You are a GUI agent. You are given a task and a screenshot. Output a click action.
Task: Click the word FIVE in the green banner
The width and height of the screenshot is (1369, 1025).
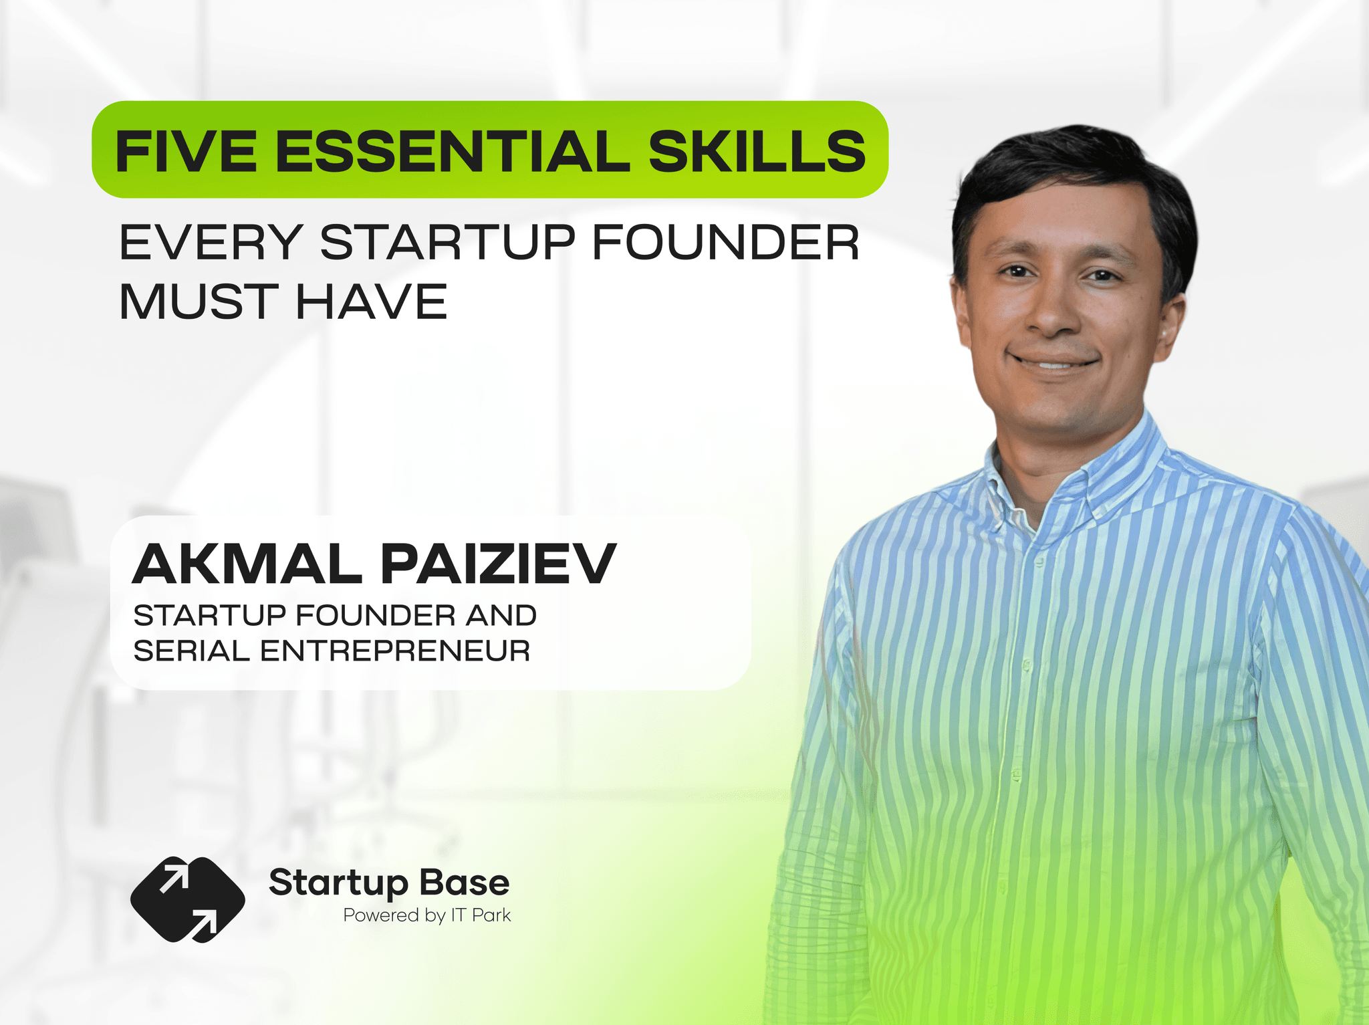point(186,151)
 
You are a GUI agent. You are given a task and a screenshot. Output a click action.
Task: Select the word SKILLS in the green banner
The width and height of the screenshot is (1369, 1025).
point(757,151)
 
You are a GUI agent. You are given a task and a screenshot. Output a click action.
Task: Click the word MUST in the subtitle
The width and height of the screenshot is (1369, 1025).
point(199,302)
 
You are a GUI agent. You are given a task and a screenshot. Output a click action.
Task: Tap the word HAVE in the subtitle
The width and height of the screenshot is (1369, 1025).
point(371,302)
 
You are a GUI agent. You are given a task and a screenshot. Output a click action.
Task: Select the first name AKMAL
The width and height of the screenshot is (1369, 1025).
point(247,564)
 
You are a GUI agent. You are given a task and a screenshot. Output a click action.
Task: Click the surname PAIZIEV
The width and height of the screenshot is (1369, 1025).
point(499,564)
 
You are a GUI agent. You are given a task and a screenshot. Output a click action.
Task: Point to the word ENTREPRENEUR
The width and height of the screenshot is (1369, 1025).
point(395,651)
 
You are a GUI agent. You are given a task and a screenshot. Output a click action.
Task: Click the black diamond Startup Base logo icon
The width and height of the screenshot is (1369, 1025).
point(188,899)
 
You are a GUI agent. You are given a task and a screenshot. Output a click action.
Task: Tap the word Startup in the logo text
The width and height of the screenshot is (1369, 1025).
point(338,884)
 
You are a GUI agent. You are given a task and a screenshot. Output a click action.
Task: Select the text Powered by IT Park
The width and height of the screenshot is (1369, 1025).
point(427,915)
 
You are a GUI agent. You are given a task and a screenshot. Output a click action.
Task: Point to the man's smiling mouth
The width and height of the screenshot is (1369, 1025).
point(1054,362)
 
